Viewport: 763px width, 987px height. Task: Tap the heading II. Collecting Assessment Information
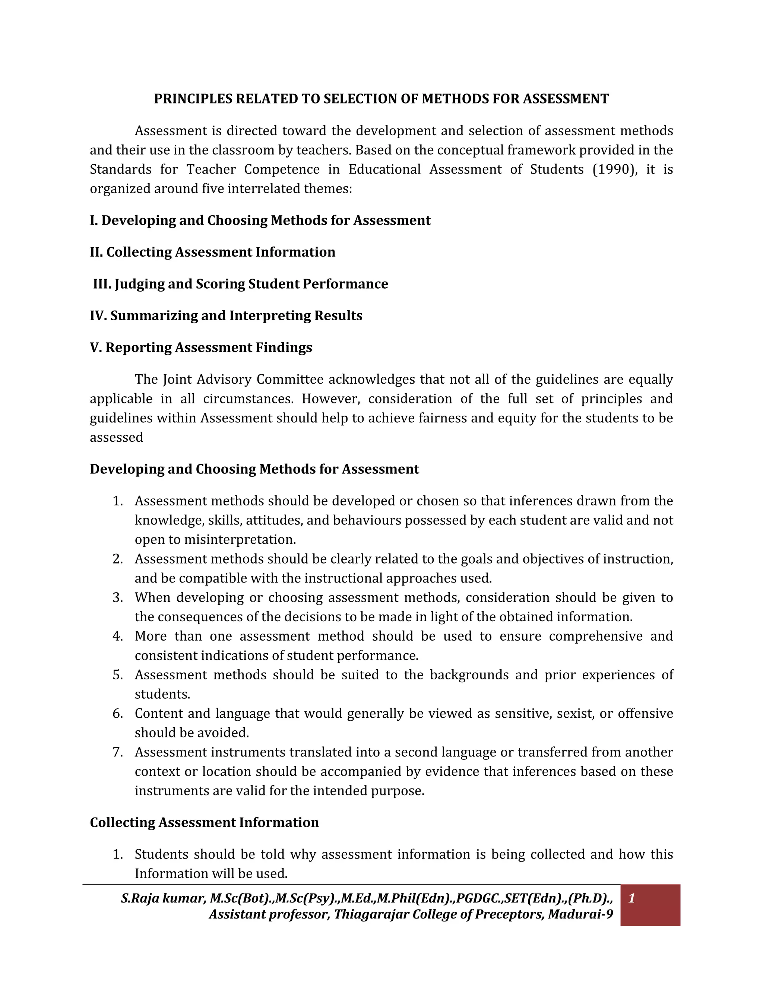pos(212,252)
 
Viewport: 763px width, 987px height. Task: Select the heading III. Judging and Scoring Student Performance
pos(240,284)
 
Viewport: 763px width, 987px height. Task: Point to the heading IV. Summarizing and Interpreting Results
pos(226,315)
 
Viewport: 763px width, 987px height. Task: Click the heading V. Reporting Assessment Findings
pos(201,347)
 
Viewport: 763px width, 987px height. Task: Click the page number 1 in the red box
pos(631,898)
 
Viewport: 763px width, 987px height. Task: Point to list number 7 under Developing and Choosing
pos(117,752)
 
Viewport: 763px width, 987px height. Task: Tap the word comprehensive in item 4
pos(595,636)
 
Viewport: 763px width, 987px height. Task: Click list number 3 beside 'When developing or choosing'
pos(117,597)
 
